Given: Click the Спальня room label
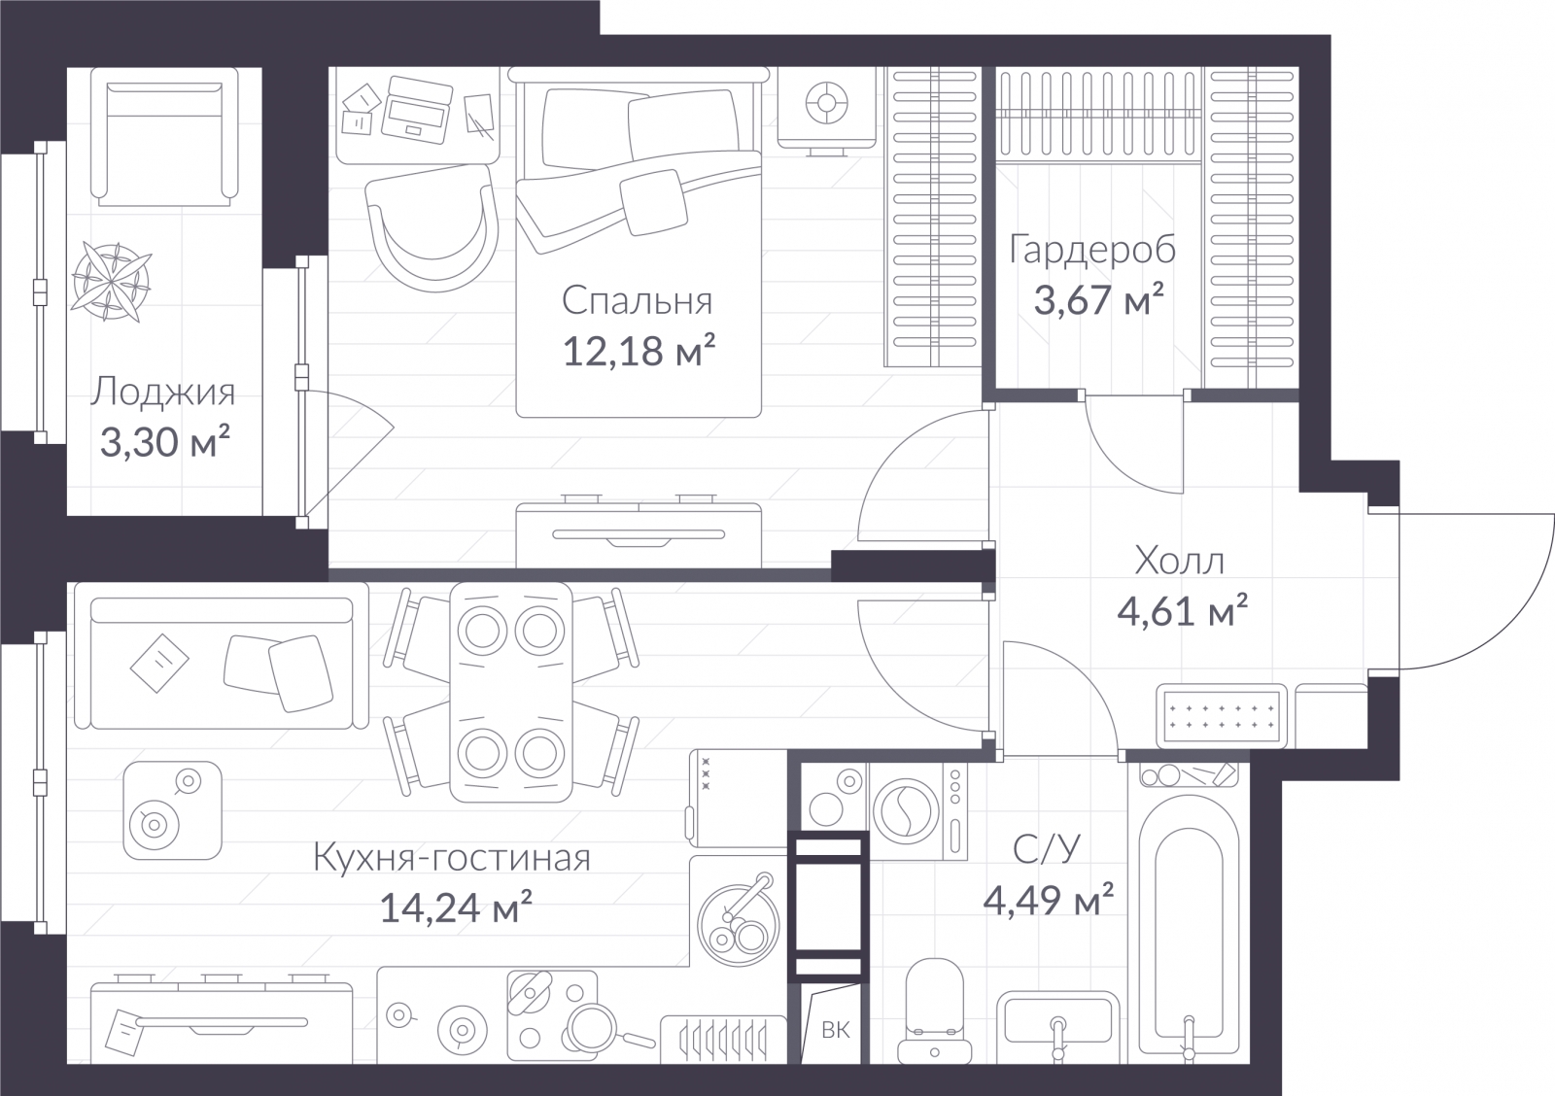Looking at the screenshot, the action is (637, 301).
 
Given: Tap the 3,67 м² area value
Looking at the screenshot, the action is (1098, 299).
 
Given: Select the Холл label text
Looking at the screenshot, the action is (1180, 561).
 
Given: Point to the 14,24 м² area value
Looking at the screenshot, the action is (456, 907).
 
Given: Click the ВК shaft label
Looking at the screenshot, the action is (836, 1030).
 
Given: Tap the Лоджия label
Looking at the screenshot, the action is (163, 393).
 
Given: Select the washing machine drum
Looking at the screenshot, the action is (906, 811).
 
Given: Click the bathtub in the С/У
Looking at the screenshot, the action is (1188, 930).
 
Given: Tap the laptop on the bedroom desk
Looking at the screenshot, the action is (416, 110).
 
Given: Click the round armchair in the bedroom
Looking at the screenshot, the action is (432, 227).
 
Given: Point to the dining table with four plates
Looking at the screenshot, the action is (511, 692).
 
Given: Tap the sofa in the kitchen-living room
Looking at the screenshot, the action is (222, 656).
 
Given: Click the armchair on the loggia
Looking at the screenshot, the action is (164, 137).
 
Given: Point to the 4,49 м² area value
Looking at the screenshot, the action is (1049, 900).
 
